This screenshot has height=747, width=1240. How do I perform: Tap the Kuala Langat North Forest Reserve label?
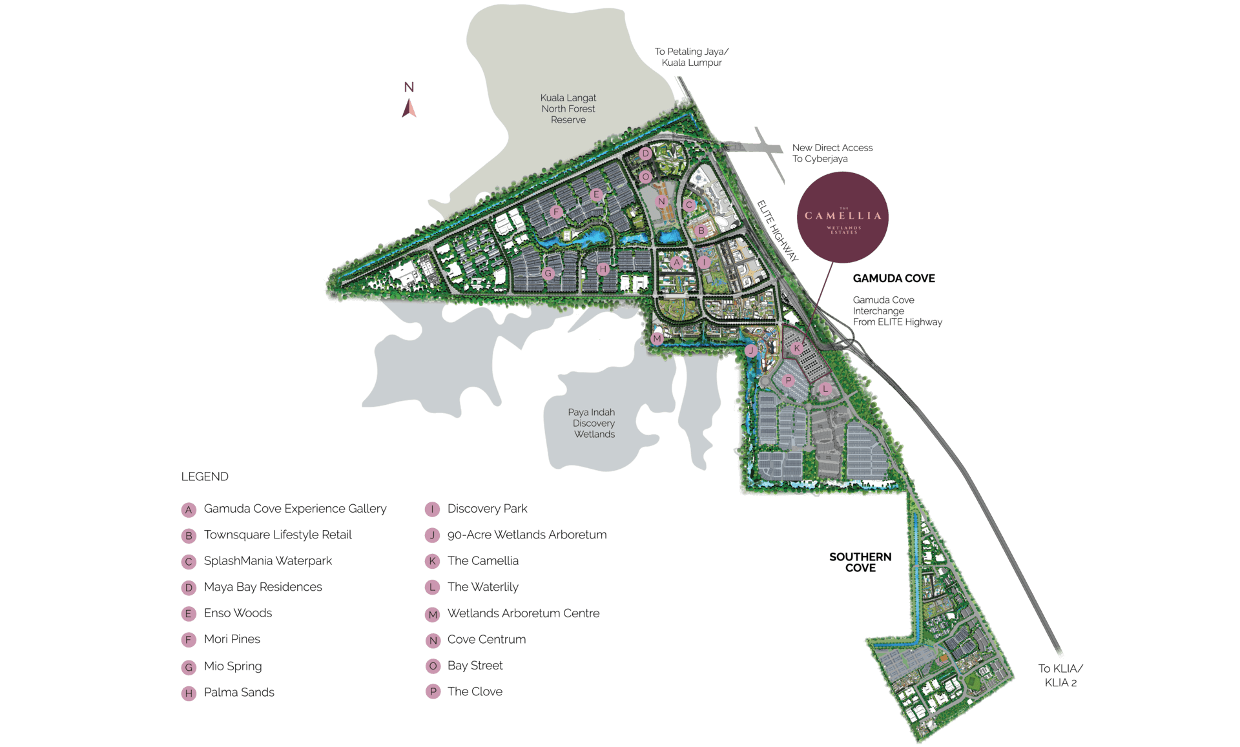(x=568, y=108)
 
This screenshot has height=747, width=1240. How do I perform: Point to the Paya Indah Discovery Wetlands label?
(x=592, y=423)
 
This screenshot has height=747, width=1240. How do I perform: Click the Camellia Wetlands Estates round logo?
(x=843, y=218)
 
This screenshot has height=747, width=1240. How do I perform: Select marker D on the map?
(x=645, y=154)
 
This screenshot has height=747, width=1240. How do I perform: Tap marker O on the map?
(x=645, y=177)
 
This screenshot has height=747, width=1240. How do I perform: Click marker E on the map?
(x=596, y=195)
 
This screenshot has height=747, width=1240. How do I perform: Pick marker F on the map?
(x=555, y=212)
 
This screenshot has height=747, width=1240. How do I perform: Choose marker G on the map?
(x=548, y=273)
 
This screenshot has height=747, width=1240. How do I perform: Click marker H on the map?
(x=603, y=269)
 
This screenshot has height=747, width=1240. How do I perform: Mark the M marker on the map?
(x=657, y=338)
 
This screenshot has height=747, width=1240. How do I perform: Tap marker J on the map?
(x=750, y=351)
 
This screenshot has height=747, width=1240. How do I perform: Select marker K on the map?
(x=797, y=349)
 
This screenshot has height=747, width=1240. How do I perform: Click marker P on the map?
(x=788, y=381)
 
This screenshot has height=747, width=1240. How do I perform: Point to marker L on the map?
(x=825, y=389)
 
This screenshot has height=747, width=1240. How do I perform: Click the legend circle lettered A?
(x=189, y=510)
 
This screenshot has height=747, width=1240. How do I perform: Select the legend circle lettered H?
(x=189, y=693)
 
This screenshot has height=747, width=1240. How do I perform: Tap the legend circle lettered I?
(x=432, y=509)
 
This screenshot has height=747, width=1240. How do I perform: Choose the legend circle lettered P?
(x=433, y=691)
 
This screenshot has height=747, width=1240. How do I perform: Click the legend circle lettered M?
(x=433, y=615)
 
